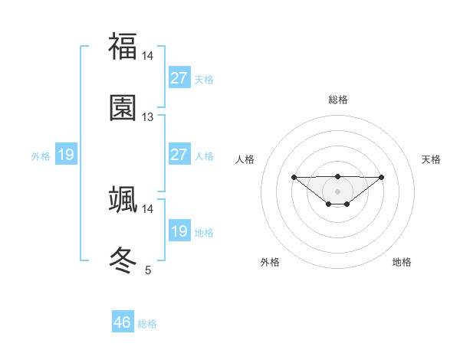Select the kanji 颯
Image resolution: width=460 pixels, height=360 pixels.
point(123,199)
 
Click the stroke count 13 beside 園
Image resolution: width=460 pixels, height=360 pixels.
point(148,117)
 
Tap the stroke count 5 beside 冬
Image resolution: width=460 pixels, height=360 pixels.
point(148,270)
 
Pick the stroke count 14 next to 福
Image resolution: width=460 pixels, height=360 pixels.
point(148,56)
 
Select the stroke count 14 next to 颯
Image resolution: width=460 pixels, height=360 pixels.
point(148,208)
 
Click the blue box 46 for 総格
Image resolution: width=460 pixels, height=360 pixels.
point(123,322)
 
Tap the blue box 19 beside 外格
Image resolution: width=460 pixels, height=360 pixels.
point(66,155)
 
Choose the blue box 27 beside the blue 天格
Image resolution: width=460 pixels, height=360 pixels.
point(179,78)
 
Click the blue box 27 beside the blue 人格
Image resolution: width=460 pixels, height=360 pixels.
point(179,155)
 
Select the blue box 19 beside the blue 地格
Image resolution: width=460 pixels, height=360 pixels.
point(179,231)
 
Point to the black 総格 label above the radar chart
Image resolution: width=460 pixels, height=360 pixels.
point(338,100)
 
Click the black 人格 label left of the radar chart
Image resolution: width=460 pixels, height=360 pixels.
point(245,159)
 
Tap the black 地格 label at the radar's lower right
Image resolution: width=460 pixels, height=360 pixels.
point(402,262)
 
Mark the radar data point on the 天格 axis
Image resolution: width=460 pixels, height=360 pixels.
point(382,177)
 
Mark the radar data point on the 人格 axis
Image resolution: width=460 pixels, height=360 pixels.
point(294,177)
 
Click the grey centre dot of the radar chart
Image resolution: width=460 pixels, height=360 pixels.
point(338,191)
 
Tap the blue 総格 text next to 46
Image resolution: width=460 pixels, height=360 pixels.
point(147,324)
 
